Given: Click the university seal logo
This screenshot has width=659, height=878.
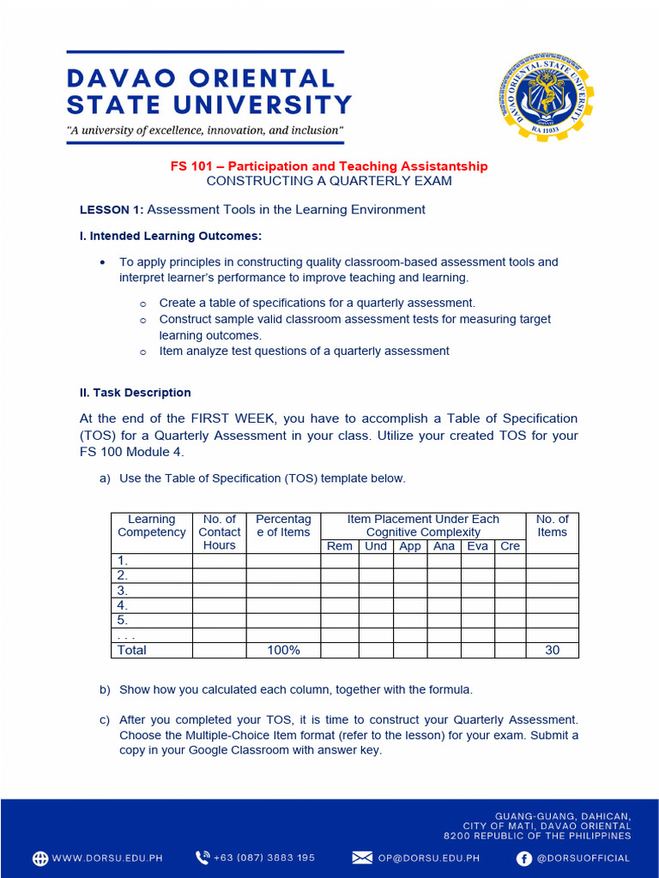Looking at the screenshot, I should pos(544,96).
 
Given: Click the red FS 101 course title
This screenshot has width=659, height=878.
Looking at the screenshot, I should pos(329,166).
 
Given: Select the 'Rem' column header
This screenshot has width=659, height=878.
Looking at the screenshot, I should pos(340,546).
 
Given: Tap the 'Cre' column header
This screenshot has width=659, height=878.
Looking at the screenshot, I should pos(510,546).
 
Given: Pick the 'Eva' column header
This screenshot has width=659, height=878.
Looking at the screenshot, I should pos(477,546).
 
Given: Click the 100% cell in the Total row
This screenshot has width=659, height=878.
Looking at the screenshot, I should pos(283,650).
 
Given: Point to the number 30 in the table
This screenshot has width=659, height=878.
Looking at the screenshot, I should pos(552,650).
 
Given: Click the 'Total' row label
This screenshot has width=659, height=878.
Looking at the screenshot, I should pos(132,650).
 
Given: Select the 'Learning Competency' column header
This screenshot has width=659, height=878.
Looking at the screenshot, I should pos(152,526).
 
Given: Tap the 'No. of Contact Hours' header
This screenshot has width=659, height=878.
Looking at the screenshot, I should pos(220,532).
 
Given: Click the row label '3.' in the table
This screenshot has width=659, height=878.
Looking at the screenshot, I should pos(123,591).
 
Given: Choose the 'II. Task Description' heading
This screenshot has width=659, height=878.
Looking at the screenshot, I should pos(136,393).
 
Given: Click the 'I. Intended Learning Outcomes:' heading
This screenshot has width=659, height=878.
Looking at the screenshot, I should pos(171,236).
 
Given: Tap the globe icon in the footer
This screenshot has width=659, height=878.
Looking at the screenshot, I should pos(40,857).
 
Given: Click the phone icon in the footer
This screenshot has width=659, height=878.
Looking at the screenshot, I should pos(203,857).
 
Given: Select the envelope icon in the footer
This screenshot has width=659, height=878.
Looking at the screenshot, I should pos(362,857).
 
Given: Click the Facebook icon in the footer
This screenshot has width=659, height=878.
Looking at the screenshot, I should pos(523,857).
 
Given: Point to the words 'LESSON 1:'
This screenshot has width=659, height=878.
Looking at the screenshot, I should pos(112,209).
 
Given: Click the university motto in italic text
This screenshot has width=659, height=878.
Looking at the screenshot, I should pos(205,131).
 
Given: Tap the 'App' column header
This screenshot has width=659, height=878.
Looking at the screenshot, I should pos(410,546).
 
